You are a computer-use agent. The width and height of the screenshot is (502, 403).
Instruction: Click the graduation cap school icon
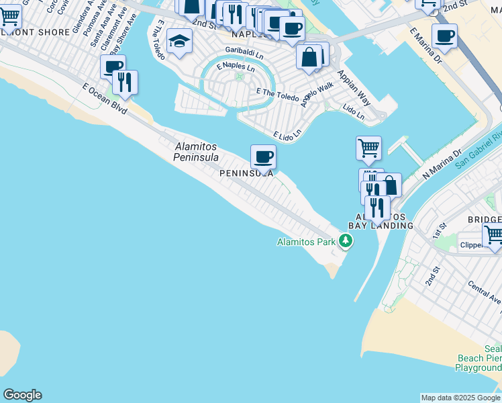point(179,42)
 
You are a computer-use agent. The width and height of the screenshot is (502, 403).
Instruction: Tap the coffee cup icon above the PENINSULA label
point(263,157)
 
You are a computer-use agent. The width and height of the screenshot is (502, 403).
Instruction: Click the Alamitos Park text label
point(306,242)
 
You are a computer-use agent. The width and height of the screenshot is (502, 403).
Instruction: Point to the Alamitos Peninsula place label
point(196,152)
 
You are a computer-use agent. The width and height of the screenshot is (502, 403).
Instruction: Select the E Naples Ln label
point(236,68)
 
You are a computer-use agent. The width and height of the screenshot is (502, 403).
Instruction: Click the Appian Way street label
point(354,87)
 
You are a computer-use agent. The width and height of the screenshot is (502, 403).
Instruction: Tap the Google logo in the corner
point(22,395)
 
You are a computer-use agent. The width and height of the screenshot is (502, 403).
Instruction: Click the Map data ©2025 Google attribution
point(460,398)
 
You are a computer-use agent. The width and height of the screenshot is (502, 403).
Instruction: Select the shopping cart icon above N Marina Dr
point(368,148)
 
